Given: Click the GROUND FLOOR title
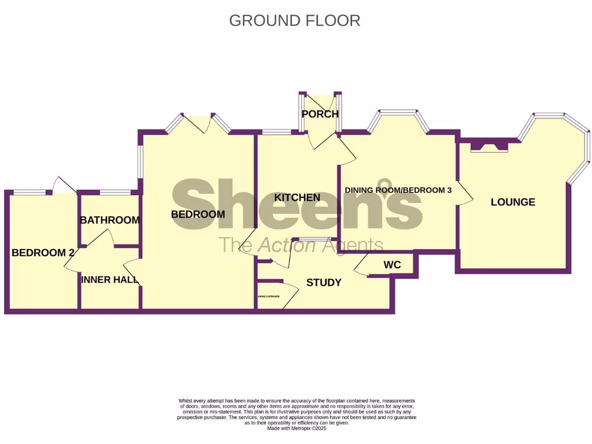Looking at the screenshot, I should tap(295, 20).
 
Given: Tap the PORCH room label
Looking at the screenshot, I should tap(320, 114).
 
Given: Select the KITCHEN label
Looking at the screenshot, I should tap(297, 198).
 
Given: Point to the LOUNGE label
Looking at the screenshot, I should tap(513, 202).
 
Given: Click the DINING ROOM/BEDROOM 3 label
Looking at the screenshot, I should tap(398, 190).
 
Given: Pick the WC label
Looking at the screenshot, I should tap(392, 265).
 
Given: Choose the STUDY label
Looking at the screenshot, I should tap(323, 283).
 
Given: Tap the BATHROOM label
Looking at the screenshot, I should tap(110, 220).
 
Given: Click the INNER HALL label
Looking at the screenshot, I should tap(110, 280).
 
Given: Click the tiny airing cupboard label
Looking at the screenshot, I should tap(268, 297).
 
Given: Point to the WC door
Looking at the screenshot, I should tap(363, 267).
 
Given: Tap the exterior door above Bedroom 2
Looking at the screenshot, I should tap(63, 186).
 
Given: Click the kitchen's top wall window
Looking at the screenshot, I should tap(276, 132).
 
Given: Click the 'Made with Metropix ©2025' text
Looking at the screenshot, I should tap(297, 428).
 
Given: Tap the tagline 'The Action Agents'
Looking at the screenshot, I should tap(300, 246).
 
